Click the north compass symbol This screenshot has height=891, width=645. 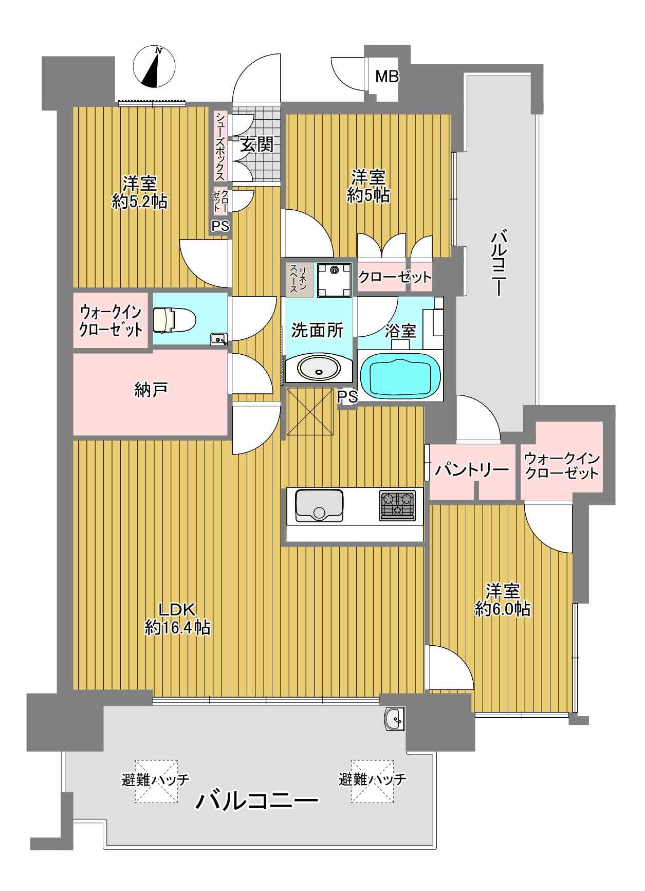tap(154, 67)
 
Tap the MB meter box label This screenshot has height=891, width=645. tap(386, 77)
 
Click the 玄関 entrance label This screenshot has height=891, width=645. tap(256, 145)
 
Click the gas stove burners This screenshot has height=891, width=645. tap(397, 505)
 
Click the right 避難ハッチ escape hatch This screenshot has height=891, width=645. tap(372, 780)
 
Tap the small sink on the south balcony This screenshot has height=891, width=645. tap(394, 719)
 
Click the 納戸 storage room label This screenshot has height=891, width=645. tap(151, 390)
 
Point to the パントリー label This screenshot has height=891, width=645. tap(472, 469)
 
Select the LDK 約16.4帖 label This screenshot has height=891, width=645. tap(178, 618)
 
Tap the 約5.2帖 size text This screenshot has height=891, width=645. tap(140, 202)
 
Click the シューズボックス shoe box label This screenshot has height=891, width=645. tap(220, 146)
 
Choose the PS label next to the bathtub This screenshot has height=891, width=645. tap(348, 396)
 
